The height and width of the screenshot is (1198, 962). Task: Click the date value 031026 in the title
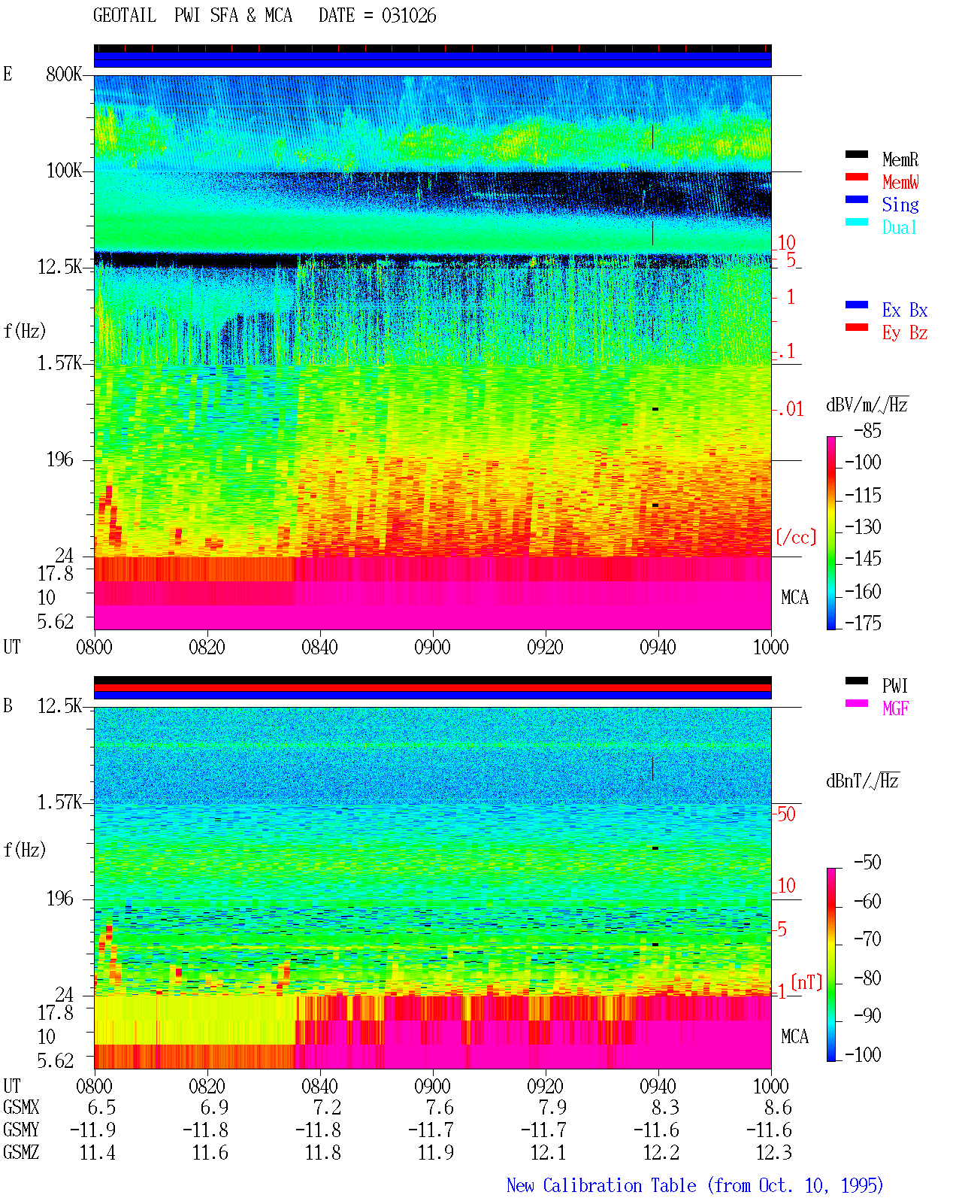point(409,16)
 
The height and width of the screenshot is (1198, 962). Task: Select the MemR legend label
point(900,159)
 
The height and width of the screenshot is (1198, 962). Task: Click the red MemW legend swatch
point(856,177)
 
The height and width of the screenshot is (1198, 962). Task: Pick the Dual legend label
point(899,227)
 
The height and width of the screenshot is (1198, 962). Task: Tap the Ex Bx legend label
point(905,310)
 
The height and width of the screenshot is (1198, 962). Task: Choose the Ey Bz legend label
point(905,333)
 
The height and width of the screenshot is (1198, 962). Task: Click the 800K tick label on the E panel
point(64,74)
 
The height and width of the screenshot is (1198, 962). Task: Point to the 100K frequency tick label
point(64,171)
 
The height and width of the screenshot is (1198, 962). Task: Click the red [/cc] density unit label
point(796,537)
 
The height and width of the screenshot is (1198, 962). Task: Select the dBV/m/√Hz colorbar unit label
point(867,405)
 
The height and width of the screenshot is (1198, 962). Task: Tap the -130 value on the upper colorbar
point(863,526)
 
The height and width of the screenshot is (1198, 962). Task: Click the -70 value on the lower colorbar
point(868,939)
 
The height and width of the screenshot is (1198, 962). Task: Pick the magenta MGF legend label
point(895,708)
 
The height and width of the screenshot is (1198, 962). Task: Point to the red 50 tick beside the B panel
point(786,814)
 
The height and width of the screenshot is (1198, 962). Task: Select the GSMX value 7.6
point(440,1107)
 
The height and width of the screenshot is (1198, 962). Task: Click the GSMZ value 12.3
point(773,1152)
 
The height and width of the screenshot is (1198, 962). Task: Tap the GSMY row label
point(21,1130)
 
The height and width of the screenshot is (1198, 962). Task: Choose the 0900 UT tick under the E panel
point(432,647)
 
